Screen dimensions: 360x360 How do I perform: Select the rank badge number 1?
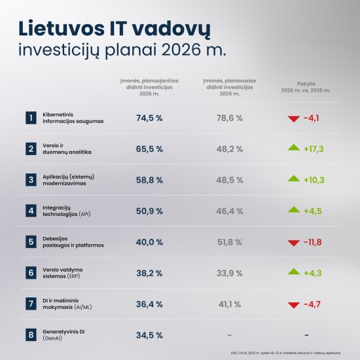[30, 118]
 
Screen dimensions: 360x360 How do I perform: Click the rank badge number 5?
[30, 242]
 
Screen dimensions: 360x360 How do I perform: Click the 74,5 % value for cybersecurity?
[149, 118]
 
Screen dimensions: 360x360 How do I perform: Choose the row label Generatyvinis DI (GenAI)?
[65, 334]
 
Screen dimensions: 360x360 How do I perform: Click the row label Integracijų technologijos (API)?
[67, 211]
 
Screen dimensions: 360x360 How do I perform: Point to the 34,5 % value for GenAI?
[149, 334]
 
